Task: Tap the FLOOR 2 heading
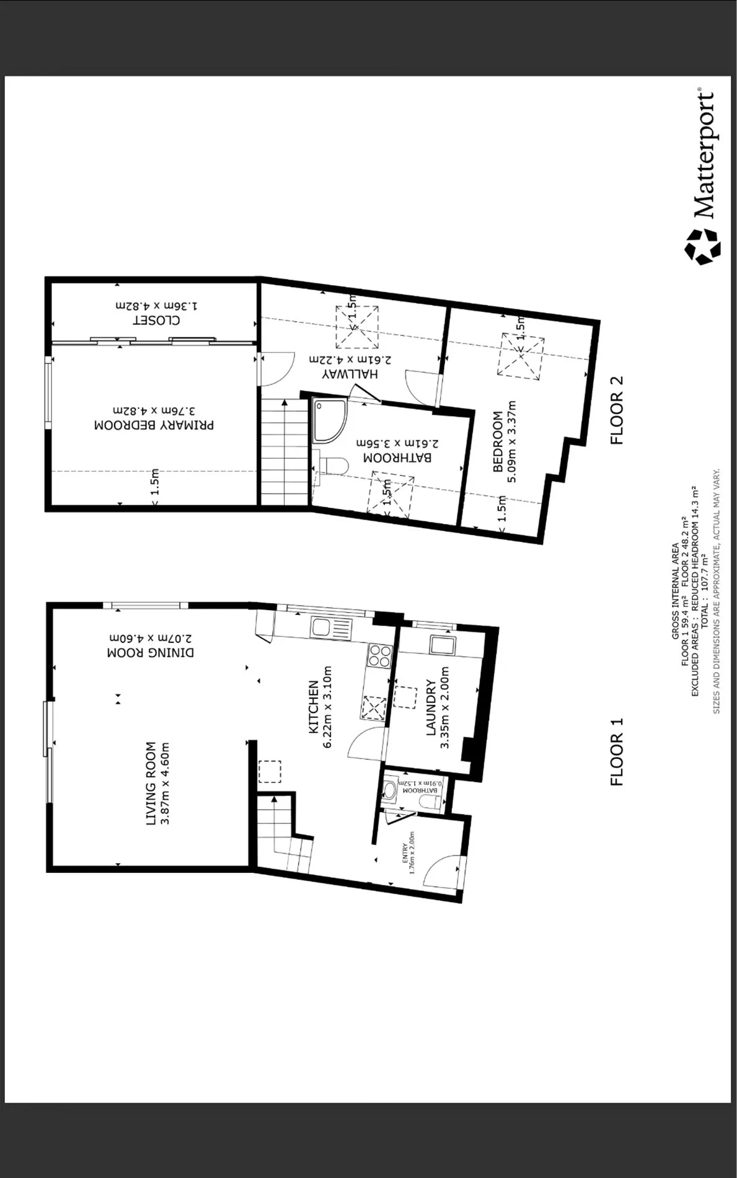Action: (x=617, y=410)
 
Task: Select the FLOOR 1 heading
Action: (x=617, y=751)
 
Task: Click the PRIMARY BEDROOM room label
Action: (x=154, y=425)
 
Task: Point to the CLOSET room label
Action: (x=156, y=321)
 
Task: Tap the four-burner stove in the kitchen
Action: (x=379, y=655)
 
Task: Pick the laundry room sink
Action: (x=443, y=645)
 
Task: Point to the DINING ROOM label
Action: (x=151, y=653)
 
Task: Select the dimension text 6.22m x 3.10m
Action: (x=329, y=707)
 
